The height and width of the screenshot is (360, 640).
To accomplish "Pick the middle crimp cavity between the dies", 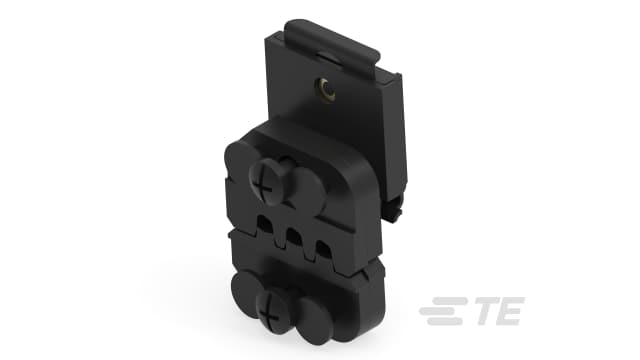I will pos(294,237).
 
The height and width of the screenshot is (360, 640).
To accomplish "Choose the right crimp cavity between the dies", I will pos(325,245).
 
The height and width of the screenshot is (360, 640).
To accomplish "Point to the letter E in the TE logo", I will pos(506,313).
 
